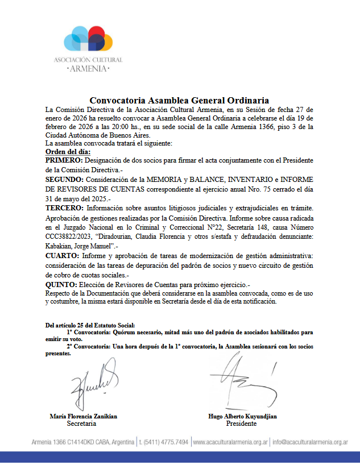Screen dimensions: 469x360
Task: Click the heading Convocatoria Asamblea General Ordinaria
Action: (179, 101)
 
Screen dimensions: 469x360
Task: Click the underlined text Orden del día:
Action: (68, 152)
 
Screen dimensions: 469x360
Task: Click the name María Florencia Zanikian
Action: (84, 416)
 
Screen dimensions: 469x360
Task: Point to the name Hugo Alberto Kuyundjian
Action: (243, 416)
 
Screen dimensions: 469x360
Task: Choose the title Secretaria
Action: (81, 424)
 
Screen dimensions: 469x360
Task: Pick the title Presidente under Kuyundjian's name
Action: (241, 424)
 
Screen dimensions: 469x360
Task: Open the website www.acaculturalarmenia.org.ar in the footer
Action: (230, 442)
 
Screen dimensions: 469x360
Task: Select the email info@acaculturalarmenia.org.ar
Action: (311, 442)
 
